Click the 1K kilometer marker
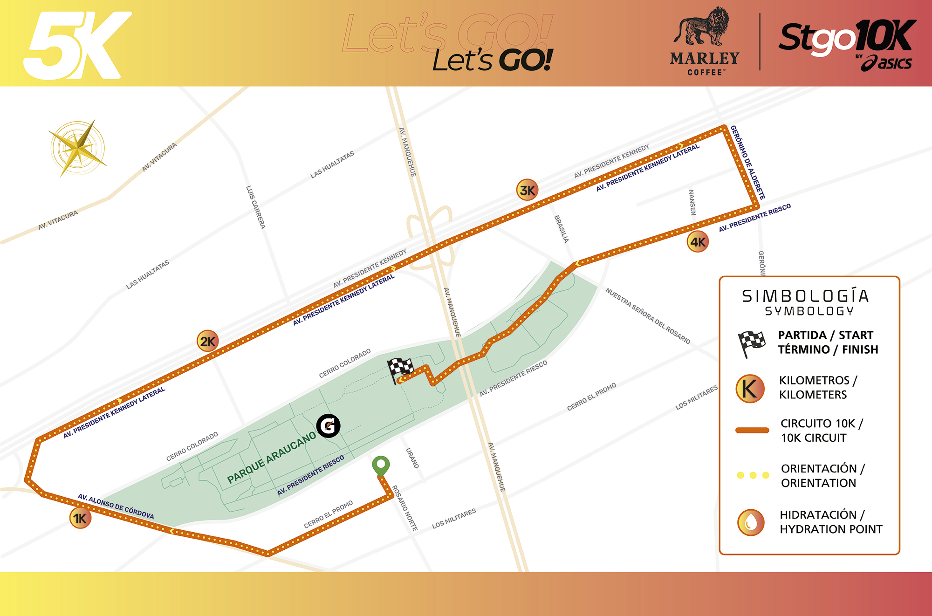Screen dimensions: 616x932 coord(80,518)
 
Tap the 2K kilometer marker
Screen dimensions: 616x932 coord(207,342)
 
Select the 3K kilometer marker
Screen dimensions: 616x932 coord(527,190)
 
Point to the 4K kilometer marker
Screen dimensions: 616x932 coord(698,242)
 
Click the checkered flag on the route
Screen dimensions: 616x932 coord(400,370)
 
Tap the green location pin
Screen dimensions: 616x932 coord(381,465)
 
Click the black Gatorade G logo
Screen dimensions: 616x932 coord(329,425)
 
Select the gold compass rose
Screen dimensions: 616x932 coord(78,148)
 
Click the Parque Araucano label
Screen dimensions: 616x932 coord(271,458)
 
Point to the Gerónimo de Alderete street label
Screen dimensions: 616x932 coord(747,162)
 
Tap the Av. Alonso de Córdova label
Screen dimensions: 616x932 coord(116,506)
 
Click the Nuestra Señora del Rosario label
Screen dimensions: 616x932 coord(648,316)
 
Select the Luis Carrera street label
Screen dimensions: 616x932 coord(255,207)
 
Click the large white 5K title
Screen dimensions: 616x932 coord(77,45)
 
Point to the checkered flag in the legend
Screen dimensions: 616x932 coord(751,343)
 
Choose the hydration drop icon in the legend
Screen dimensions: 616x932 coord(750,522)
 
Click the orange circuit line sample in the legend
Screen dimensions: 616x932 coord(752,430)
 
